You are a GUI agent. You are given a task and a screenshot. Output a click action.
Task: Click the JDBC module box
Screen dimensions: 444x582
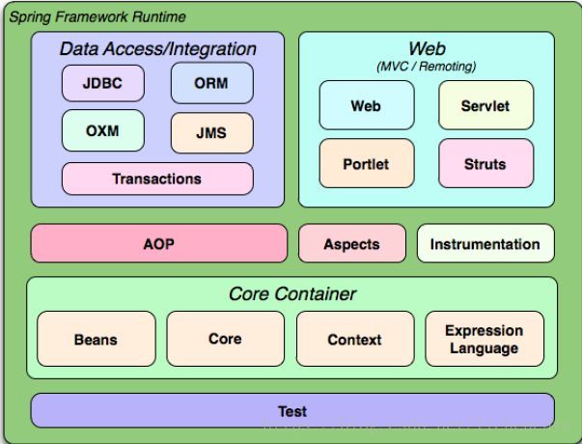point(102,83)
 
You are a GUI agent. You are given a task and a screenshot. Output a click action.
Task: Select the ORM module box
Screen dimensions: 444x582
point(211,83)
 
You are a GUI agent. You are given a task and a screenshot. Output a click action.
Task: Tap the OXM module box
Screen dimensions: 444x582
point(102,130)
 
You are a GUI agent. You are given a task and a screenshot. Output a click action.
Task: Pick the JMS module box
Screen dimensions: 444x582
point(211,132)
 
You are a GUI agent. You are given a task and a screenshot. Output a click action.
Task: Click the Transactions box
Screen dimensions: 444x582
point(157,179)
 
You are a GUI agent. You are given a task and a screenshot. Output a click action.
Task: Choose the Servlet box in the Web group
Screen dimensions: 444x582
point(485,105)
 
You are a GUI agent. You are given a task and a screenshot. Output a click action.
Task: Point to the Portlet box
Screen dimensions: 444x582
point(366,163)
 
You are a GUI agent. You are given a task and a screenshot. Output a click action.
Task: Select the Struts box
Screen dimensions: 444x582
point(485,163)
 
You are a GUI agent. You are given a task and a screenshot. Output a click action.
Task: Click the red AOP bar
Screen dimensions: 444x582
point(159,243)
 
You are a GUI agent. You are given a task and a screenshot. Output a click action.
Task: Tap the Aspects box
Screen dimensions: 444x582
point(351,243)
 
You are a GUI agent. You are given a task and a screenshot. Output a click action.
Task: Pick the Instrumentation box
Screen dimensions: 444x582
point(485,243)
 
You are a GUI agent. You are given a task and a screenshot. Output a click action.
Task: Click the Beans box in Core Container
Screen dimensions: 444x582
point(96,339)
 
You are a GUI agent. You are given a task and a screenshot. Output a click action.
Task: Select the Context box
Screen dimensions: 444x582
point(354,339)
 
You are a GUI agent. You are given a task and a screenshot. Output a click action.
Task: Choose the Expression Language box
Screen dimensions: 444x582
point(484,339)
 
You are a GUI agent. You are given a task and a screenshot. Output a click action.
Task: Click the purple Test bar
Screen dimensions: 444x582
point(292,410)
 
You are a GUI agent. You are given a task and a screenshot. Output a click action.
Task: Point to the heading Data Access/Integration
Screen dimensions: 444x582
point(158,48)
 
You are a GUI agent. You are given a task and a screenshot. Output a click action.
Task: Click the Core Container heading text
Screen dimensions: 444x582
point(292,293)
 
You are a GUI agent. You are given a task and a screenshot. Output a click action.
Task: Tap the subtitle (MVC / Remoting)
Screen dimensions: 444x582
point(427,66)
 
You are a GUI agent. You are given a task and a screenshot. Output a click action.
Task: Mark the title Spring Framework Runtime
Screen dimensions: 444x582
point(97,17)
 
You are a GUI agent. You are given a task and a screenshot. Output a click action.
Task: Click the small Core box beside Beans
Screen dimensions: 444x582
point(225,339)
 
